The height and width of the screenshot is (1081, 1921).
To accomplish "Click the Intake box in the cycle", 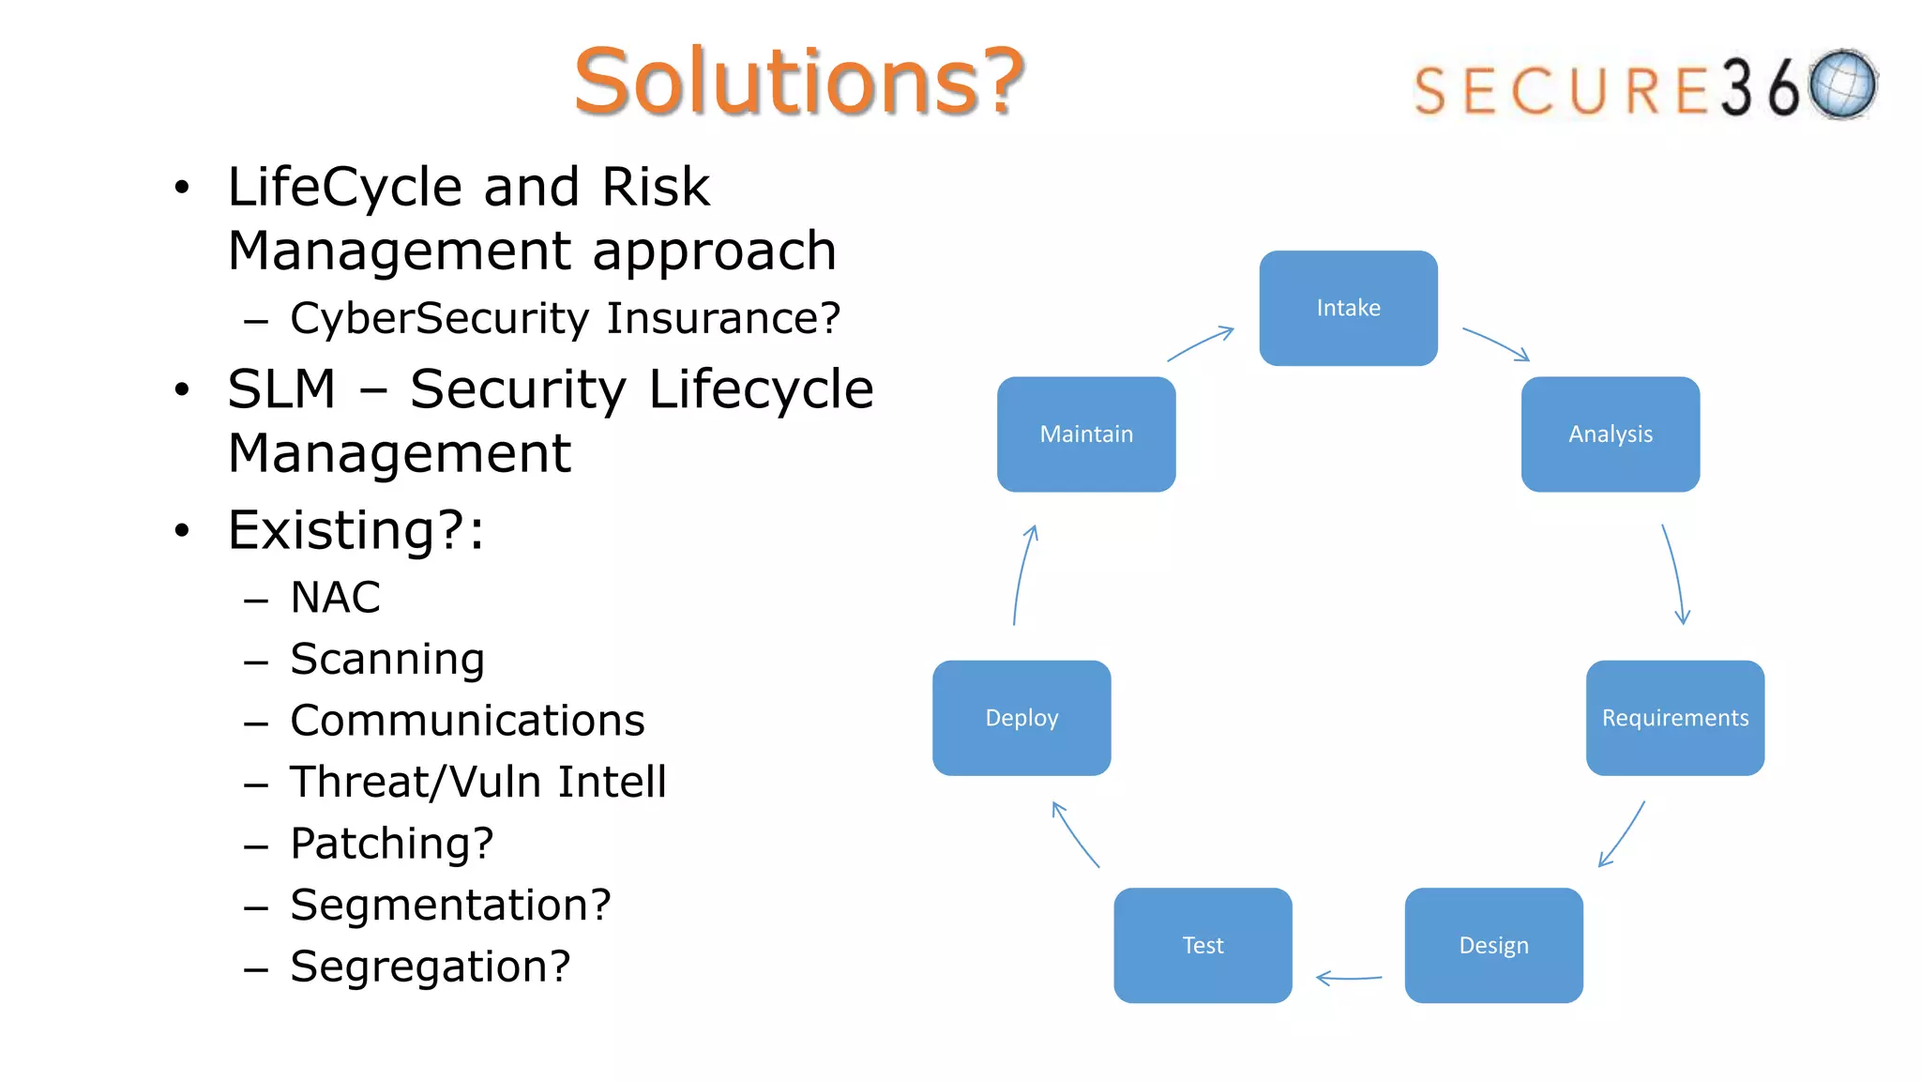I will (x=1348, y=308).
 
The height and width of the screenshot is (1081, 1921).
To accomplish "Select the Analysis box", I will (x=1610, y=434).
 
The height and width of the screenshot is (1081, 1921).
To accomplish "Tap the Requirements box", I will (x=1674, y=718).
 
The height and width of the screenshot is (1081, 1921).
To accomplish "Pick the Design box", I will (x=1493, y=945).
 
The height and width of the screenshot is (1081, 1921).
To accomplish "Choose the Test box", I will (x=1203, y=945).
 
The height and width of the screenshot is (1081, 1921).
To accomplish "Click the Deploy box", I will (x=1021, y=718).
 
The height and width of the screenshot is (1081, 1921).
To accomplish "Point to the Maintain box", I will (x=1086, y=434).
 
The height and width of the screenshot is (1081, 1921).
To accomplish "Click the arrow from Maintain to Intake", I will (x=1201, y=343).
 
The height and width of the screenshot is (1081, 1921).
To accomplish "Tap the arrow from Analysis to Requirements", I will (x=1673, y=574).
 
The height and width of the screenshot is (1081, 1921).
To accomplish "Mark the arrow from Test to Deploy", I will (x=1075, y=834).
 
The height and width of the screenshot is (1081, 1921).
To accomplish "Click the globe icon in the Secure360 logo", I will (x=1843, y=84).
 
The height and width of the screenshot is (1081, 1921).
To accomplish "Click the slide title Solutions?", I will (x=799, y=82).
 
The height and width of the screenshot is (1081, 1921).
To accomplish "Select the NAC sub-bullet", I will (x=335, y=598).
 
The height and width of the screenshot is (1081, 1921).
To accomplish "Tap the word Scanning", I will (x=387, y=659).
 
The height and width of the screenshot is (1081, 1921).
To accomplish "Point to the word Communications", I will (x=467, y=721).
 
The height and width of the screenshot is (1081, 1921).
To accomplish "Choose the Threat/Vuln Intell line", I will (x=478, y=782).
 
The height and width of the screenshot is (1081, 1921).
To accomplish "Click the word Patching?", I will (x=392, y=844).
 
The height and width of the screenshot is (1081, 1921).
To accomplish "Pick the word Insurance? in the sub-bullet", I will (x=723, y=318).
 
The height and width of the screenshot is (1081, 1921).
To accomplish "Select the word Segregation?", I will (x=431, y=967).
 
